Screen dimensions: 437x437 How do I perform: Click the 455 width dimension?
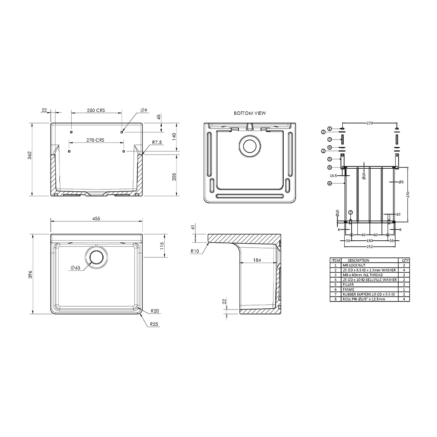(96, 218)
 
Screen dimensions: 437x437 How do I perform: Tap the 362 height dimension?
(30, 155)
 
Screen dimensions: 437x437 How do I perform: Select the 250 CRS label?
(95, 110)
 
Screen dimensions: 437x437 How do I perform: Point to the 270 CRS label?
(95, 140)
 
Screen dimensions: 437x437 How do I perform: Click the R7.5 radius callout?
(157, 142)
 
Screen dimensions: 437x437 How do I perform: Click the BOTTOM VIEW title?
(250, 113)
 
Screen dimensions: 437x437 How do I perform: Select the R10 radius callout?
(195, 251)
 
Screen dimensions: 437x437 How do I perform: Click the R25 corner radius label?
(154, 324)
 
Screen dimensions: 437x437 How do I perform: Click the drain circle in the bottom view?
(250, 146)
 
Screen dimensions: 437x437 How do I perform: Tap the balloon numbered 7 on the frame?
(350, 212)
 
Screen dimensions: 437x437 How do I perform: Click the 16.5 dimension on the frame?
(333, 176)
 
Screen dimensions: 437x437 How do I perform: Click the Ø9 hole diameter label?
(144, 110)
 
